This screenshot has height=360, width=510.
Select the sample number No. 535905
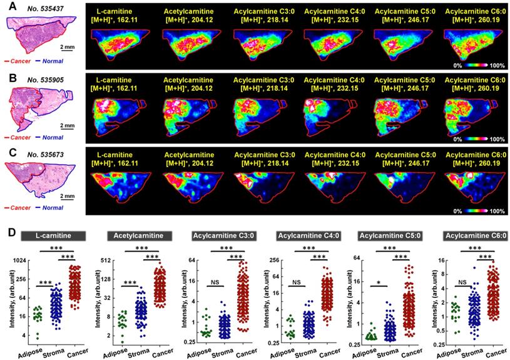[x=51, y=78]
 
